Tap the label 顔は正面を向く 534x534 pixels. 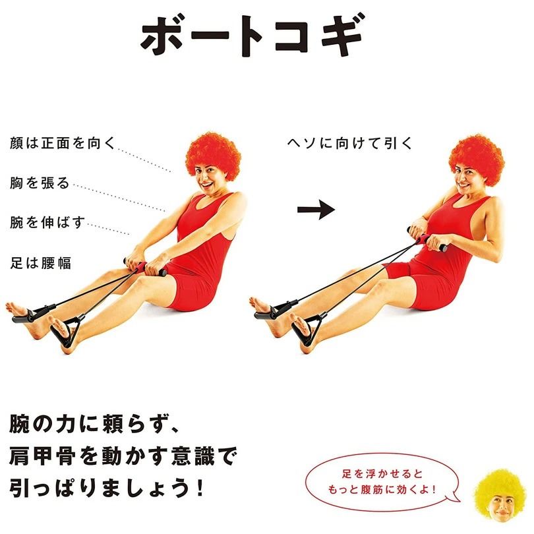pyautogui.click(x=63, y=142)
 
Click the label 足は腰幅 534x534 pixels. pyautogui.click(x=40, y=262)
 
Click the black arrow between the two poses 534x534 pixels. pyautogui.click(x=316, y=210)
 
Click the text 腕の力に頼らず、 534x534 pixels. pyautogui.click(x=100, y=425)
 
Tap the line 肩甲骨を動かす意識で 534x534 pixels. pyautogui.click(x=123, y=456)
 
